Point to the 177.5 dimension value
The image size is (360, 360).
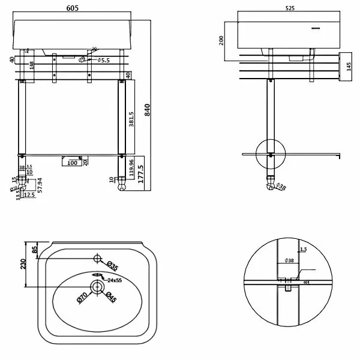click(140, 176)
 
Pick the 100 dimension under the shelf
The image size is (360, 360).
click(72, 163)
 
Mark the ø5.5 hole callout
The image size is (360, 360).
click(103, 60)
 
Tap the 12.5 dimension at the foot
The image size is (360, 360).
click(30, 194)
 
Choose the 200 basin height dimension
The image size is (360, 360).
click(221, 41)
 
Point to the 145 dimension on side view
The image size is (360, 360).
click(347, 64)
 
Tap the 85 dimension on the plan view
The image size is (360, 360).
click(35, 248)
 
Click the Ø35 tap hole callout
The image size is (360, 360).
click(111, 266)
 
